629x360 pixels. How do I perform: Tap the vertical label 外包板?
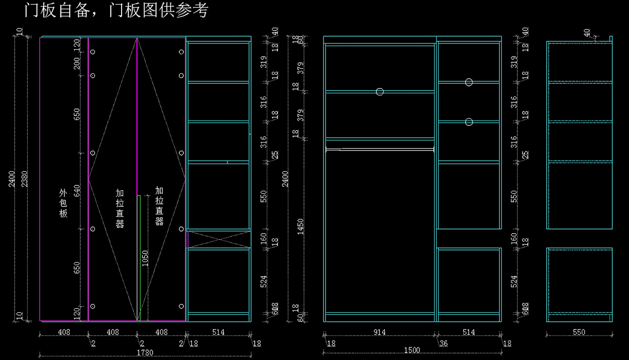[x=63, y=203]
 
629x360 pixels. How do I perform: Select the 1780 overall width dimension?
[x=145, y=353]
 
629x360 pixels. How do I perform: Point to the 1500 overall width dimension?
[x=413, y=350]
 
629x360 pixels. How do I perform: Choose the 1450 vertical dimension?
[x=300, y=226]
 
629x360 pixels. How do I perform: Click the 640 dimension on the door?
[x=77, y=191]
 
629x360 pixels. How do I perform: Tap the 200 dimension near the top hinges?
[x=77, y=63]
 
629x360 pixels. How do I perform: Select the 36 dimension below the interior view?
[x=443, y=343]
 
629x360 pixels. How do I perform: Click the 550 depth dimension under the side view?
[x=579, y=332]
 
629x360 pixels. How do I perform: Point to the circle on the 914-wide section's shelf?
[x=379, y=92]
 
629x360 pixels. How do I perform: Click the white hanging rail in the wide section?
[x=379, y=150]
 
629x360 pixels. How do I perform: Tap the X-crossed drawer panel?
[x=218, y=239]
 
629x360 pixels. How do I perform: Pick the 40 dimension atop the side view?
[x=588, y=32]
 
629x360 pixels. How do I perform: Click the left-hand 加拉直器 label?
[x=120, y=209]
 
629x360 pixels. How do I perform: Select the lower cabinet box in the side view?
[x=579, y=284]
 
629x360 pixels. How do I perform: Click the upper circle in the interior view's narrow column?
[x=469, y=82]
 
